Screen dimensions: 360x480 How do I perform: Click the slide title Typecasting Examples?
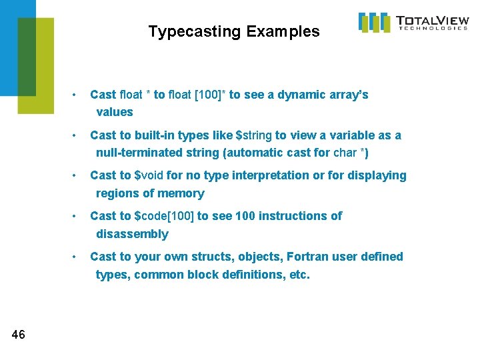point(233,31)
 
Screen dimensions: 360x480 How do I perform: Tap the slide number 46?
point(19,335)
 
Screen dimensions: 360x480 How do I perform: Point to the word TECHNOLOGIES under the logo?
point(433,29)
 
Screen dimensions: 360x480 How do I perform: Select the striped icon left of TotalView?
point(374,22)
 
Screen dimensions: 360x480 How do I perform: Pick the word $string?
point(254,135)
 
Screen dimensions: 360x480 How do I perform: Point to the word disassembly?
point(132,234)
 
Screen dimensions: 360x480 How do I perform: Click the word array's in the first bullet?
point(349,95)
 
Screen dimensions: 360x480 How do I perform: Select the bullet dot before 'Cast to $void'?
point(78,176)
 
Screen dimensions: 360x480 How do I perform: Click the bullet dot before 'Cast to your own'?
point(78,257)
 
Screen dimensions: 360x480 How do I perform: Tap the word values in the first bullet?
point(115,112)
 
